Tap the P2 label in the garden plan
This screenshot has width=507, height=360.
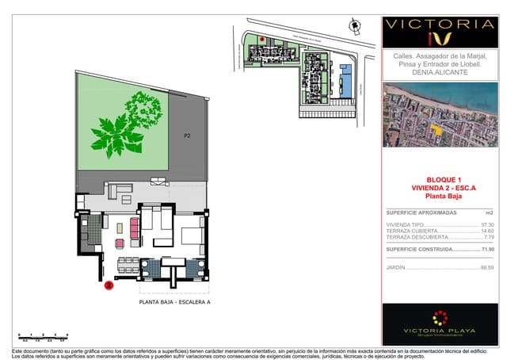click(188, 136)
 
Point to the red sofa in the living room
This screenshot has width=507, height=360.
click(134, 230)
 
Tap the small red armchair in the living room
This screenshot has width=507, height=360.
click(120, 243)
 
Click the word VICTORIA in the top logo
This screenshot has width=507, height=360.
click(439, 24)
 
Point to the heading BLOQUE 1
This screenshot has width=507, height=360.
click(438, 179)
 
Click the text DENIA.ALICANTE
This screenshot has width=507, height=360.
click(439, 72)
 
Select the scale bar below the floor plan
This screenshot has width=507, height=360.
click(43, 337)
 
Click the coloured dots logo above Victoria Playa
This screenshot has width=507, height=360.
click(438, 318)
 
